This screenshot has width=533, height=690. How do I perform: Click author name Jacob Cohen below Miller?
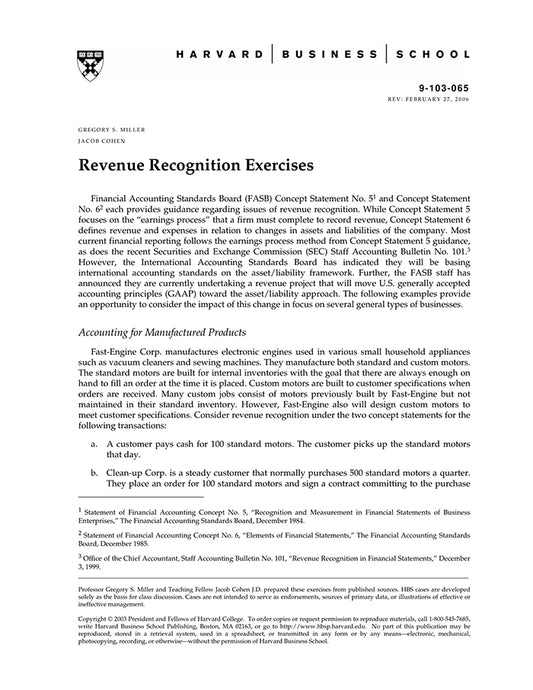pos(98,142)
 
